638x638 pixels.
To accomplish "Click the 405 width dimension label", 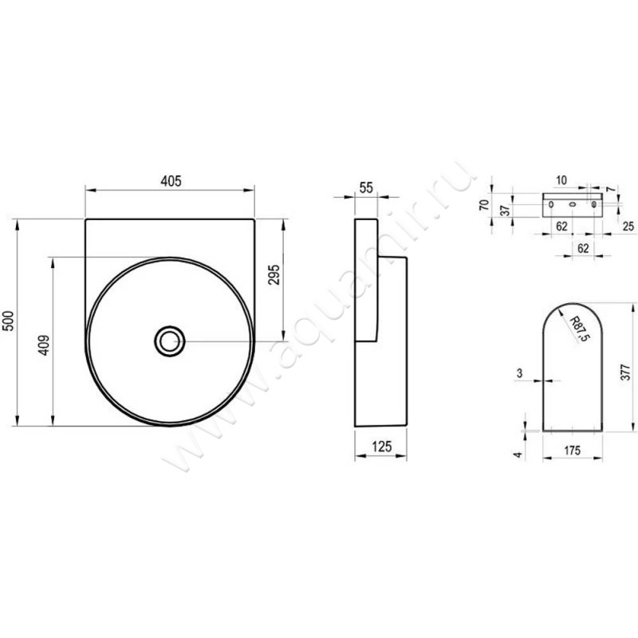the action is click(x=171, y=181).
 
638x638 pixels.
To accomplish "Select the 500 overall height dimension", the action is click(x=9, y=321).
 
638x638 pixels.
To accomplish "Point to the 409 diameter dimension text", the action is click(x=44, y=345).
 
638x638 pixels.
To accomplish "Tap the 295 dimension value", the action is click(x=274, y=274).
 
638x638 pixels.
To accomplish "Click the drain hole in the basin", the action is click(x=170, y=341).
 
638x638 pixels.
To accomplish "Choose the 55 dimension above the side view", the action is click(x=366, y=187).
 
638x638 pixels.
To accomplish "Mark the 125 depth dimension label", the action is click(x=382, y=447).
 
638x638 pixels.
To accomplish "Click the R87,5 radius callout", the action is click(x=579, y=329).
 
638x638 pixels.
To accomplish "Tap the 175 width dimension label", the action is click(x=572, y=451).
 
